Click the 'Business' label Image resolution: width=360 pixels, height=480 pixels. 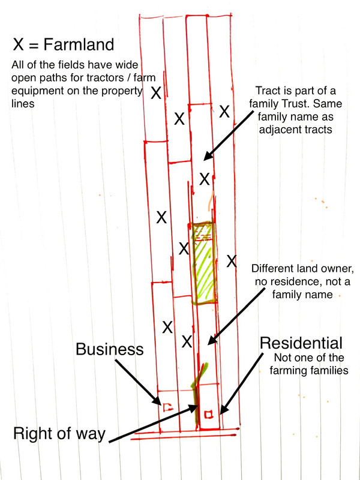110,349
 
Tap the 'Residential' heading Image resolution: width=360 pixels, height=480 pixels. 301,343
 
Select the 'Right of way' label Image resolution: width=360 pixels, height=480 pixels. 59,434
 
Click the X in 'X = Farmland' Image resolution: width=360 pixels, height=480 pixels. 18,44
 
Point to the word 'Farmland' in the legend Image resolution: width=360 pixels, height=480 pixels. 79,44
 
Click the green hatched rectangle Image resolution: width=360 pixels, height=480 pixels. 203,263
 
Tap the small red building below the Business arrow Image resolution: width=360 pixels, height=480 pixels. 167,407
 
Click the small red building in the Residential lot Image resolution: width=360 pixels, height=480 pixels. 208,414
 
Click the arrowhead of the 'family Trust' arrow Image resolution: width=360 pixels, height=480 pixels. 208,156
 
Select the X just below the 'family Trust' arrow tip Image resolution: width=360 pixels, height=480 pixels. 205,179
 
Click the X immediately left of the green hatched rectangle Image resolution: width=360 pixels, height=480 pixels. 184,248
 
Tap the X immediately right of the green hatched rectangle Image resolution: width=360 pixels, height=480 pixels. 232,261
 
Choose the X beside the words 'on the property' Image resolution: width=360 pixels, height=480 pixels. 156,93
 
